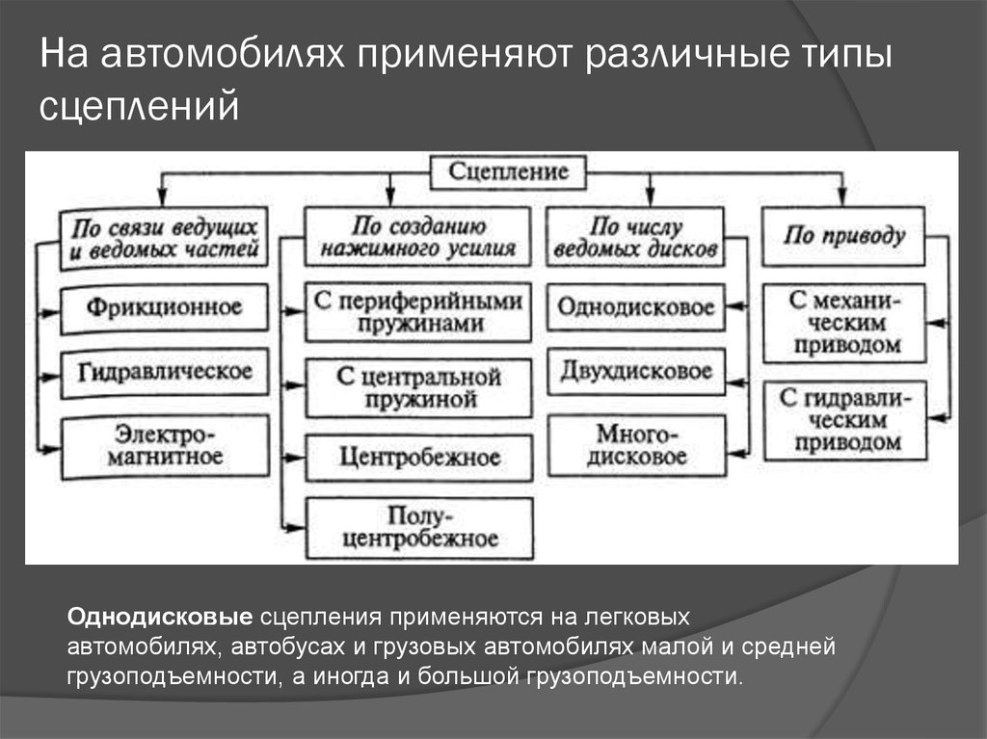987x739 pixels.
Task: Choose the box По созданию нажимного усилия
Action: point(418,238)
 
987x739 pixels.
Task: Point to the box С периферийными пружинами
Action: point(418,311)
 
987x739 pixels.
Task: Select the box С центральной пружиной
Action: point(418,385)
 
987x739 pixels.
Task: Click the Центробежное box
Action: point(418,457)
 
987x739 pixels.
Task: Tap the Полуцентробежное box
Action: point(418,527)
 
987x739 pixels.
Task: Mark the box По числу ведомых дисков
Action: point(636,238)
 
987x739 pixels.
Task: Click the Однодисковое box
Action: point(636,308)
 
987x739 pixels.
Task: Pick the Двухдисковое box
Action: point(636,371)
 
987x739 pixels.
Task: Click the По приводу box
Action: point(844,236)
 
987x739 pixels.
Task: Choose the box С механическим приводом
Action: point(844,322)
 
